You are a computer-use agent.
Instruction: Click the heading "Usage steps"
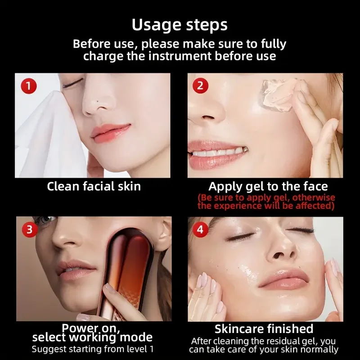tap(180, 25)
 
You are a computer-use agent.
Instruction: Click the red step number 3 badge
tap(29, 230)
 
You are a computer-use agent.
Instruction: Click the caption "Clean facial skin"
tap(94, 186)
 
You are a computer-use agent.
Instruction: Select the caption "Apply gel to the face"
tap(268, 186)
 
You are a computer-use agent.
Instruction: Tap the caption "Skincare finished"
tap(264, 329)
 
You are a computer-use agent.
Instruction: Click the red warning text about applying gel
tap(266, 202)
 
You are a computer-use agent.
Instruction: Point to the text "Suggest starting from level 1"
tap(92, 349)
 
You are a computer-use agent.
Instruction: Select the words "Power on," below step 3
tap(93, 327)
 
